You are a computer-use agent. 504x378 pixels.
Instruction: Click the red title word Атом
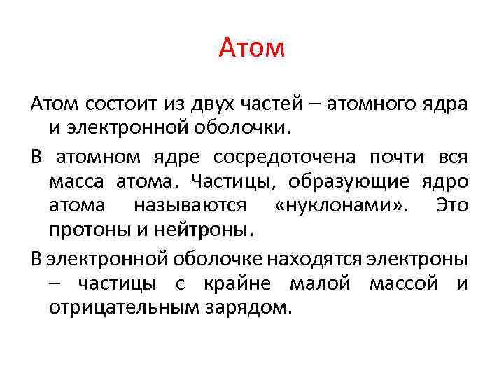coord(252,48)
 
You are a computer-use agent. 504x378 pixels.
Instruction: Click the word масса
coord(76,181)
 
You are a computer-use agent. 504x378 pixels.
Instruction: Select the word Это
coord(451,206)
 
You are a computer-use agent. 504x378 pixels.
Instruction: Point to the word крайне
coord(235,283)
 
